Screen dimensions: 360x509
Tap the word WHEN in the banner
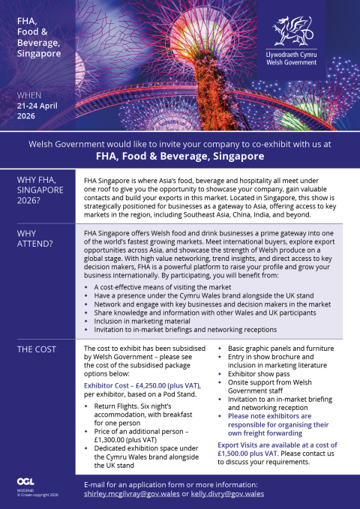tap(29, 95)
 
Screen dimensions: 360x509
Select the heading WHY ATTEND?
tap(34, 238)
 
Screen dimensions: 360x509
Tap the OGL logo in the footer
tap(24, 481)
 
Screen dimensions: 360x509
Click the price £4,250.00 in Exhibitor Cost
tap(153, 385)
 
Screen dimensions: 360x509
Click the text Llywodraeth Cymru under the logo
tap(292, 56)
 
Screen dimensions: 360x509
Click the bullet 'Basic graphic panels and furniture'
tap(276, 349)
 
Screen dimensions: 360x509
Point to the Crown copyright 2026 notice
tap(34, 495)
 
